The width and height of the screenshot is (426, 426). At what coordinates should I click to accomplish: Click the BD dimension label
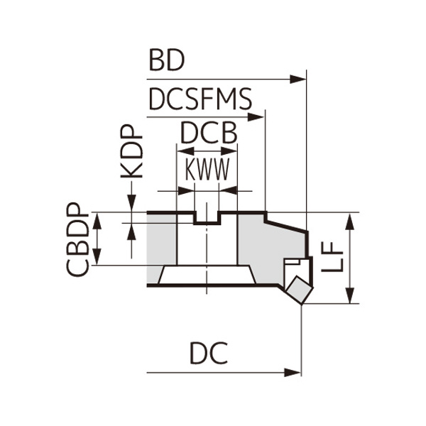(166, 61)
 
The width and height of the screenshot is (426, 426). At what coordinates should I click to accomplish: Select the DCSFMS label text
(200, 100)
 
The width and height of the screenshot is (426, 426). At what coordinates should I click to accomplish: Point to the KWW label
(207, 170)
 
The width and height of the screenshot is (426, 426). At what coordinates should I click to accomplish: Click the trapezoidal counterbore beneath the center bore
(207, 275)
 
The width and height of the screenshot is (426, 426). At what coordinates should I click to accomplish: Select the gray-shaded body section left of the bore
(161, 241)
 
